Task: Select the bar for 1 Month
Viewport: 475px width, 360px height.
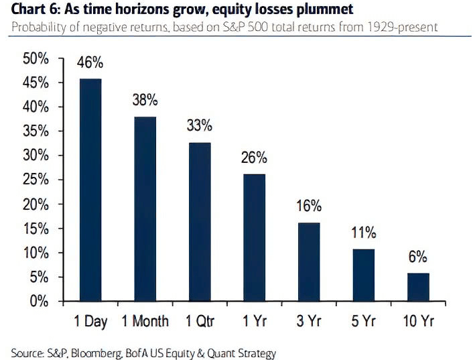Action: [145, 208]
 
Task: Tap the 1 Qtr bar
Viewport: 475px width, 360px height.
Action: [200, 221]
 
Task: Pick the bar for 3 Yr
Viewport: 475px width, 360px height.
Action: [309, 261]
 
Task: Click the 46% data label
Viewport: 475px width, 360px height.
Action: [90, 64]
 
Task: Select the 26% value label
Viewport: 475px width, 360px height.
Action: [254, 158]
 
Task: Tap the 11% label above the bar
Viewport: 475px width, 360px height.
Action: [363, 233]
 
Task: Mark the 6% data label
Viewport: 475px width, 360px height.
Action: [417, 257]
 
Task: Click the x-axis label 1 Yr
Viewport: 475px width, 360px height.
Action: [254, 322]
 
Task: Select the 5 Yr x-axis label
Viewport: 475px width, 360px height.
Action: [363, 322]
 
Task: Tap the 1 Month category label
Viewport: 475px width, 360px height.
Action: [145, 322]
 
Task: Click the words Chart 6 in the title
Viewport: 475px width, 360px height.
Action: [33, 9]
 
